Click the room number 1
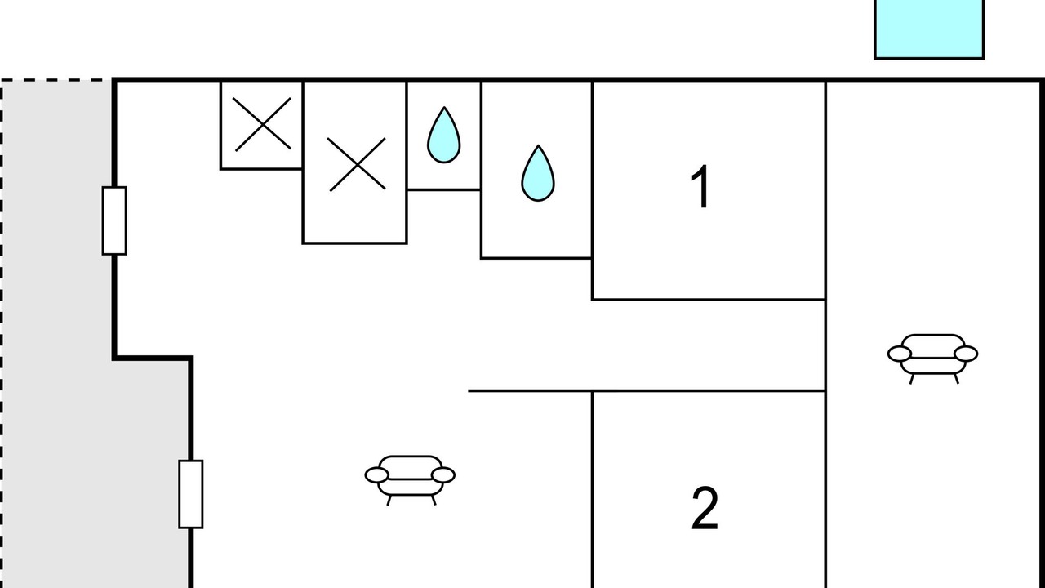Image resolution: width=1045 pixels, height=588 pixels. click(700, 187)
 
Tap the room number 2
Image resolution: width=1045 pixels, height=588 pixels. click(705, 508)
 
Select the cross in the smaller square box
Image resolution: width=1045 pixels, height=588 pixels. click(262, 125)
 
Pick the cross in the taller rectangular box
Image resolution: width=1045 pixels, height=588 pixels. click(357, 165)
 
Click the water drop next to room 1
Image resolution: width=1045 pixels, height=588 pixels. click(538, 173)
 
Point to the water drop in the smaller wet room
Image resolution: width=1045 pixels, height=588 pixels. click(443, 136)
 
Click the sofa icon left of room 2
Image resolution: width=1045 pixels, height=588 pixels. click(410, 479)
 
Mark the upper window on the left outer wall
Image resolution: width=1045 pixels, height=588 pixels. click(114, 220)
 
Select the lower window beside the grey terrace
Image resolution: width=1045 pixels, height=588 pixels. click(191, 494)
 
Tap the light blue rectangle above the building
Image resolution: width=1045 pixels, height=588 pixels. click(929, 29)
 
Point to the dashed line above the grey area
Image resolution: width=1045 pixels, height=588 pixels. click(56, 80)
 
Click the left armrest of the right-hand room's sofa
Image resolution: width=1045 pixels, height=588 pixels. click(899, 354)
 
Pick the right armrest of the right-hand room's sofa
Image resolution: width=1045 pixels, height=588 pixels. click(966, 354)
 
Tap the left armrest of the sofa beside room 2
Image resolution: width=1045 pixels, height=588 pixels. click(376, 475)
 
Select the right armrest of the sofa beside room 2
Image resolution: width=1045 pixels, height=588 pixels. click(443, 475)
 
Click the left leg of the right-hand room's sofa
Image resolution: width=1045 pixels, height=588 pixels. click(912, 379)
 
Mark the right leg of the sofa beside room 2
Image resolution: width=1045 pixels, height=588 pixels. click(434, 501)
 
